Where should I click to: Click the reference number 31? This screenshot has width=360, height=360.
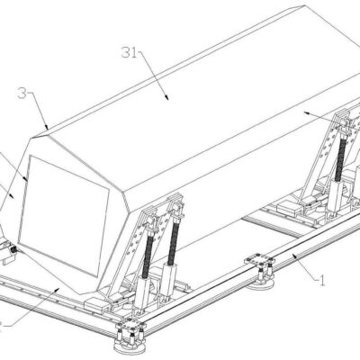[x=129, y=53]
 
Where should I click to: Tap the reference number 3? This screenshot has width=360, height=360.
[x=22, y=94]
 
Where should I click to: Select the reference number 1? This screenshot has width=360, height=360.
[x=321, y=281]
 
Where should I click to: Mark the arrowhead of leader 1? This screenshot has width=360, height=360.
[x=295, y=256]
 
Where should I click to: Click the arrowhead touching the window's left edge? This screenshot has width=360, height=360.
[x=25, y=178]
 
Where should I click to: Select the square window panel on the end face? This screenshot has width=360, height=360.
[x=64, y=215]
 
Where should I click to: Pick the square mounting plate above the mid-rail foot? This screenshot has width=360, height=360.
[x=259, y=259]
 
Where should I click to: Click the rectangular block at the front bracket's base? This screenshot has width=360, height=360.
[x=97, y=306]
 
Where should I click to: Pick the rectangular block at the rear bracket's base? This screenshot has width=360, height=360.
[x=289, y=207]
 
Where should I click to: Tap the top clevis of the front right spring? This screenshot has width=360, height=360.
[x=177, y=208]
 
